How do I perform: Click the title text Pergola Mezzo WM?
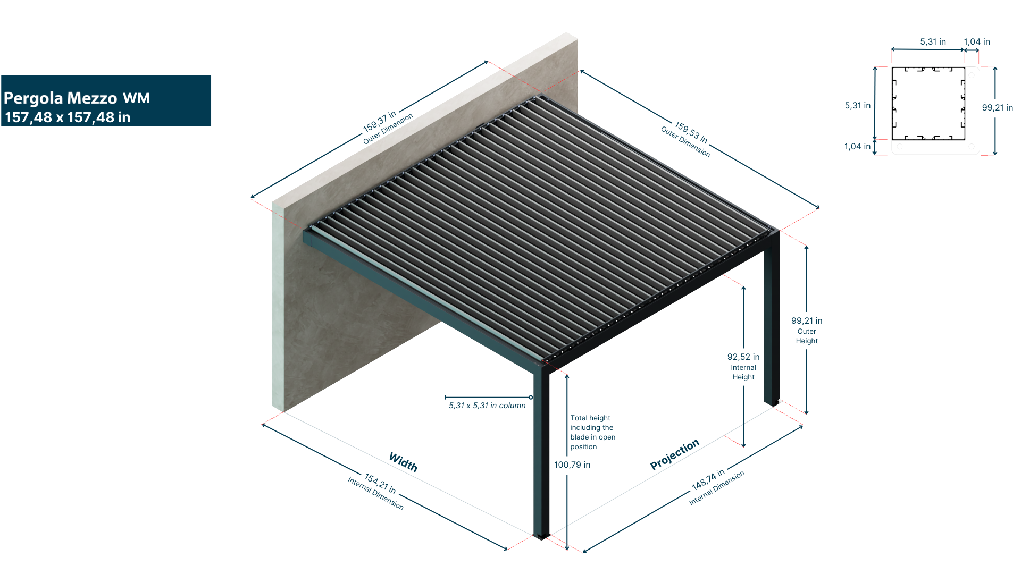pyautogui.click(x=77, y=98)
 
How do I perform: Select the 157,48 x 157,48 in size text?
pyautogui.click(x=68, y=117)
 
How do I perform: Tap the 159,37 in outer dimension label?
pyautogui.click(x=379, y=121)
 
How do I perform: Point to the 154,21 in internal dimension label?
pyautogui.click(x=380, y=484)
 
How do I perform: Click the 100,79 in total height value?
pyautogui.click(x=572, y=465)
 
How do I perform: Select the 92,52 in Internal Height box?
pyautogui.click(x=743, y=366)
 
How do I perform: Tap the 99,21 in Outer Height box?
pyautogui.click(x=807, y=330)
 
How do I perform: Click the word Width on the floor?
pyautogui.click(x=403, y=462)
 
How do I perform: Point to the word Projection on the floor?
pyautogui.click(x=674, y=454)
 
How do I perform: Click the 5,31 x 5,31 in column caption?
pyautogui.click(x=487, y=406)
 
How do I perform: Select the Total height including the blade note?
pyautogui.click(x=592, y=432)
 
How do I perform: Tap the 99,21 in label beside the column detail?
pyautogui.click(x=997, y=108)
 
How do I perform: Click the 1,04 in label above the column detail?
pyautogui.click(x=976, y=42)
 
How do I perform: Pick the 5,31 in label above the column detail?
pyautogui.click(x=933, y=42)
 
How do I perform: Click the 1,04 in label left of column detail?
pyautogui.click(x=857, y=147)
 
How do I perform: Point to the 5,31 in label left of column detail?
pyautogui.click(x=857, y=106)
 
